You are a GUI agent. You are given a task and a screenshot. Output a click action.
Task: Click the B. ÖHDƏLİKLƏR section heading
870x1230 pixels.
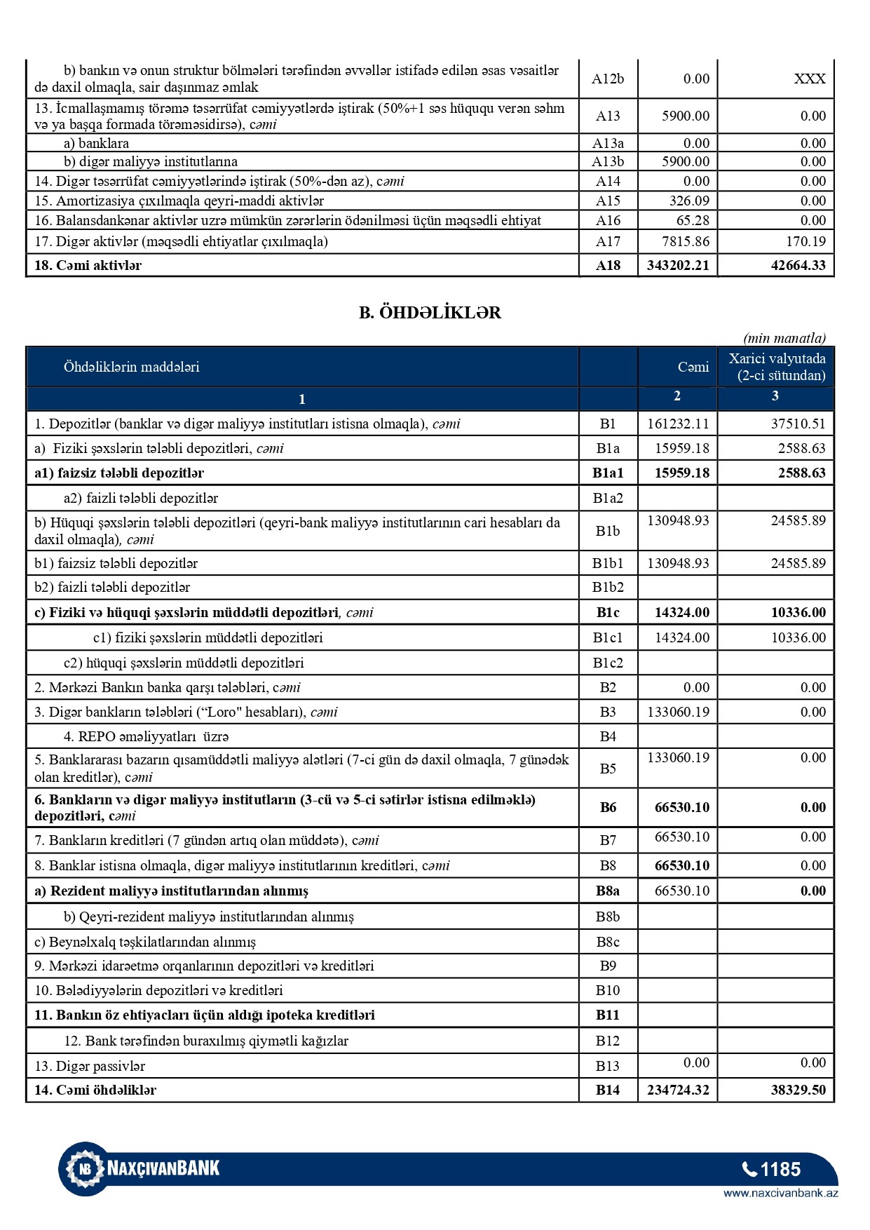click(x=430, y=313)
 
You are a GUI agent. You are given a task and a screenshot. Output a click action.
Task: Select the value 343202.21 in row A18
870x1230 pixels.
click(x=677, y=266)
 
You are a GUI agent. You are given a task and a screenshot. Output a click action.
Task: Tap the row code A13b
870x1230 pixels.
click(x=608, y=162)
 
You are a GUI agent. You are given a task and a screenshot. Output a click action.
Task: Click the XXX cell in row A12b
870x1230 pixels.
click(x=809, y=79)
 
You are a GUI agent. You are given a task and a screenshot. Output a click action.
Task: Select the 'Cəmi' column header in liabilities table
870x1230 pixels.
click(x=693, y=367)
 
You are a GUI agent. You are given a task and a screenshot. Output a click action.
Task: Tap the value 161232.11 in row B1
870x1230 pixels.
click(x=677, y=424)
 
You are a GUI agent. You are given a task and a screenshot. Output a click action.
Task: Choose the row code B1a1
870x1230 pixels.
click(x=608, y=473)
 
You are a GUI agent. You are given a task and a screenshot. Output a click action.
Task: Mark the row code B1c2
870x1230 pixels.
click(x=608, y=663)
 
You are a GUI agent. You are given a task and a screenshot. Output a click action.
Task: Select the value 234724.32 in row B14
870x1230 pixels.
click(x=677, y=1090)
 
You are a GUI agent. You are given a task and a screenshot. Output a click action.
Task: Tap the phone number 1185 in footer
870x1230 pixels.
click(x=772, y=1170)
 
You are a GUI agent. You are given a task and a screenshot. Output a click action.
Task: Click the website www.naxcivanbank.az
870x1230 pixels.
click(x=780, y=1193)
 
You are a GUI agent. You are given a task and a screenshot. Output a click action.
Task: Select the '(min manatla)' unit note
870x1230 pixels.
click(x=784, y=339)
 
